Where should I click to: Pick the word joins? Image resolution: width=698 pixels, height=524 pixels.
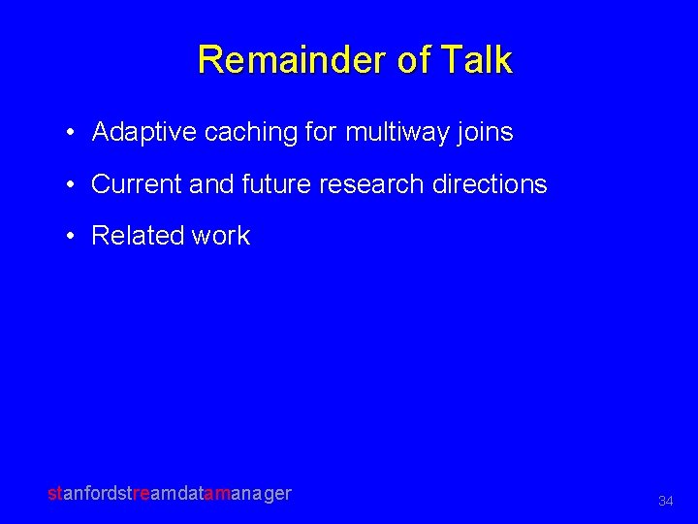tap(486, 133)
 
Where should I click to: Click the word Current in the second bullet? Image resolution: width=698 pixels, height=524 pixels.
tap(137, 184)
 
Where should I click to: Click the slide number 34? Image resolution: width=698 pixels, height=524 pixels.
tap(665, 502)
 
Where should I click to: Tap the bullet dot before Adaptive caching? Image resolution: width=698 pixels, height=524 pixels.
tap(73, 134)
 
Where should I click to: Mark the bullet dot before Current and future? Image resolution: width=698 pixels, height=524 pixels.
tap(73, 185)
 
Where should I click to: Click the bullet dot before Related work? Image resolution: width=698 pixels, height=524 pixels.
tap(73, 237)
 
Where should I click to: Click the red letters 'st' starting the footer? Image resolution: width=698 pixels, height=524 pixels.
tap(54, 493)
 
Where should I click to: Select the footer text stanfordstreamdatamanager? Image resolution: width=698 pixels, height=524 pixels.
tap(170, 493)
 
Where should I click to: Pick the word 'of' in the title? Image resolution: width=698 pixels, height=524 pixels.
tap(411, 60)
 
